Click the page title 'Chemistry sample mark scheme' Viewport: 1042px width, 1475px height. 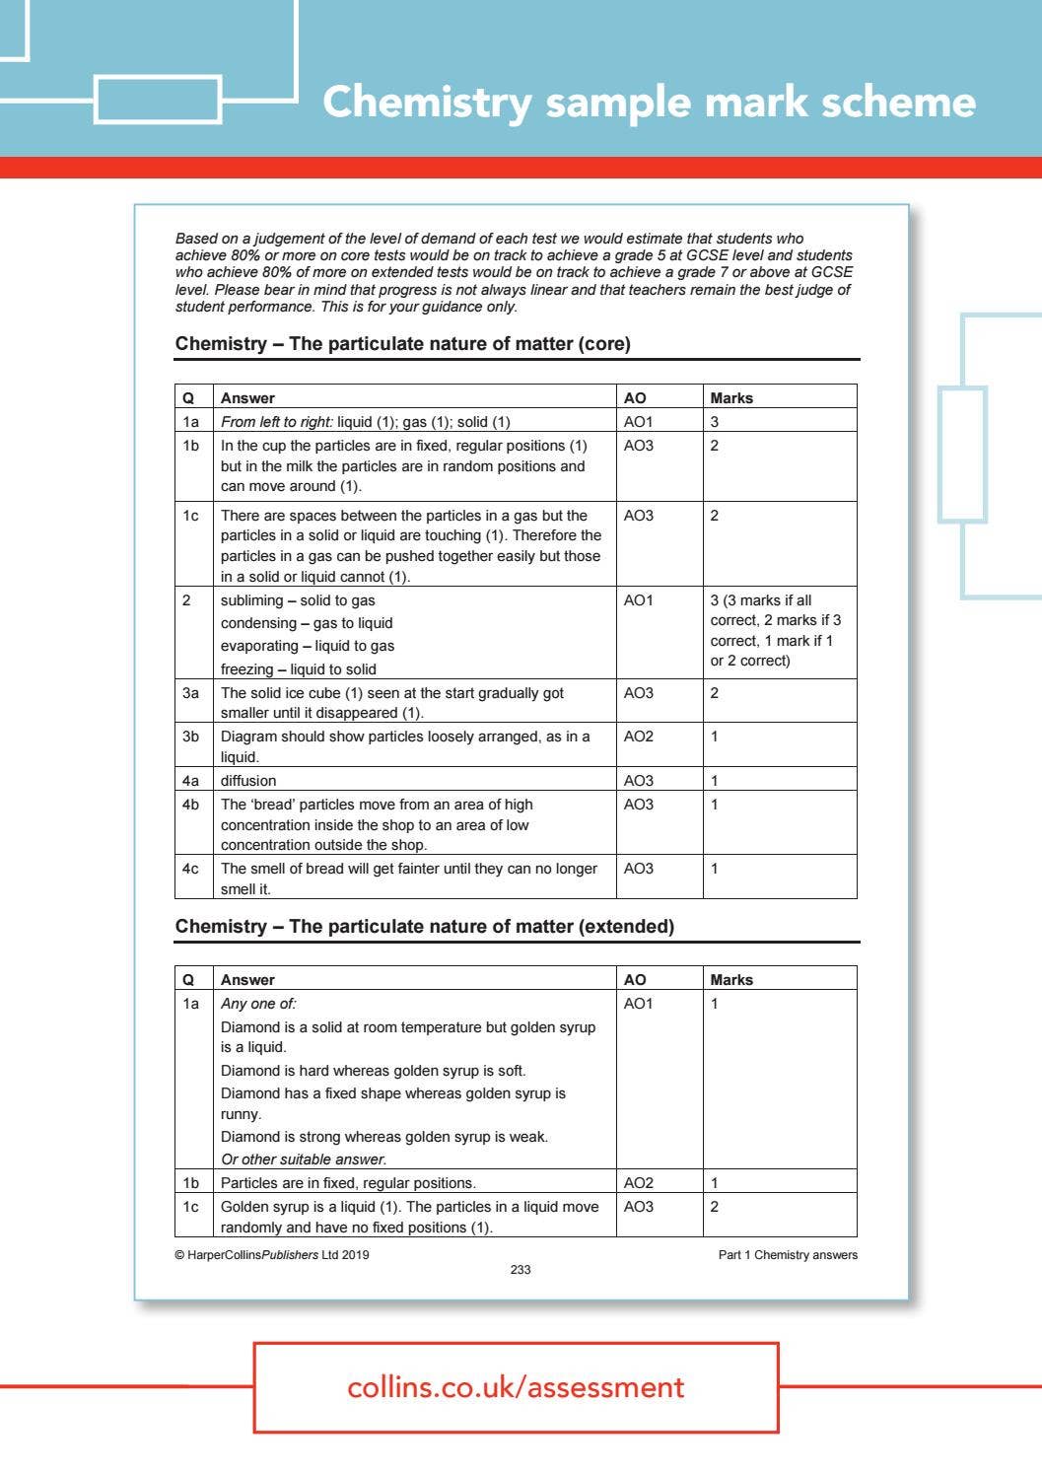[x=649, y=102]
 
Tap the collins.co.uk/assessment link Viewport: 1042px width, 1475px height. [x=516, y=1387]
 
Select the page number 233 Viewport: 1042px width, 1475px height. [x=521, y=1270]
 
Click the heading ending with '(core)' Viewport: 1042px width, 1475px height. [x=402, y=344]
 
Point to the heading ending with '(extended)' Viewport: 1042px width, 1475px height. [x=424, y=927]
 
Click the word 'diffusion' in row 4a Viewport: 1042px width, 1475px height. [x=248, y=781]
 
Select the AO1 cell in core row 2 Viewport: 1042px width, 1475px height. [x=638, y=600]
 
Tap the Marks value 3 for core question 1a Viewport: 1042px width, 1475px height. [x=715, y=422]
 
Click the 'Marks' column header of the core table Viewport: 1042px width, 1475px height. [x=731, y=398]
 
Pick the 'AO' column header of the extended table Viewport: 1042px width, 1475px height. [x=635, y=980]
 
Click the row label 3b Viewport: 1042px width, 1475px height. [x=190, y=737]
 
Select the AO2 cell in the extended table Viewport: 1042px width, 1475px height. [x=638, y=1183]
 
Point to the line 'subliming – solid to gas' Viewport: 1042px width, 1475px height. [x=298, y=600]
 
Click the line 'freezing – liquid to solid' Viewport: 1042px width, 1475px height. [x=298, y=669]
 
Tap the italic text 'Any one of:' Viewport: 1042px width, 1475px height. [x=258, y=1004]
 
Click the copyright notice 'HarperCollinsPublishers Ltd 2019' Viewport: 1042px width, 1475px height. [x=272, y=1255]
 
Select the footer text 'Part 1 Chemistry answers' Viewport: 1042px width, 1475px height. [x=788, y=1255]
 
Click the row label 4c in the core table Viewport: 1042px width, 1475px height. [x=190, y=869]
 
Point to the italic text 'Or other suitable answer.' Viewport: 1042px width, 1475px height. [x=304, y=1159]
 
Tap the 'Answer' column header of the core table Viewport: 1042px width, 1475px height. [x=247, y=398]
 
